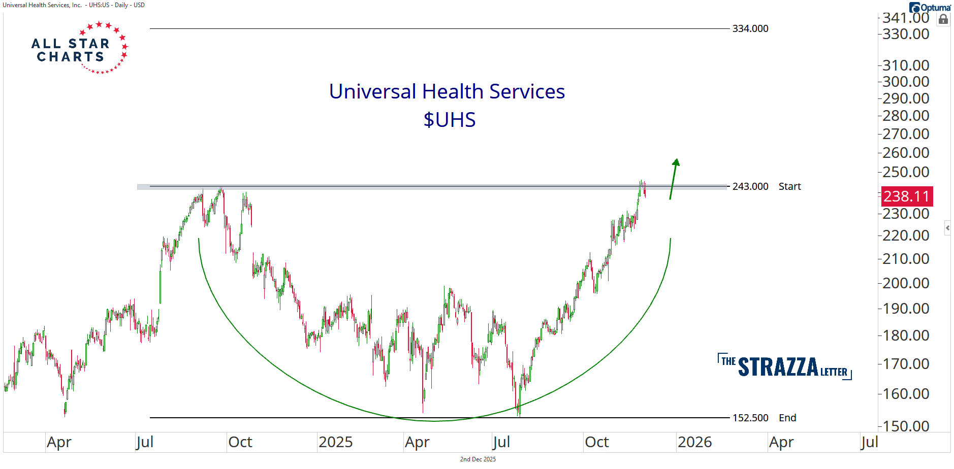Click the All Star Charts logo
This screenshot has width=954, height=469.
pyautogui.click(x=79, y=49)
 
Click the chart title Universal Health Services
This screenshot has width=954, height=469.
pyautogui.click(x=447, y=92)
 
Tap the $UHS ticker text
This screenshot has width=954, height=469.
pyautogui.click(x=450, y=120)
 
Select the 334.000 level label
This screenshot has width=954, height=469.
pyautogui.click(x=750, y=29)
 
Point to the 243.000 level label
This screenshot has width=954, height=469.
pyautogui.click(x=750, y=187)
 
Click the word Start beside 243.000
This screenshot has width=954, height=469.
pyautogui.click(x=789, y=187)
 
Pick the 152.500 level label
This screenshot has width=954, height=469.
pyautogui.click(x=750, y=418)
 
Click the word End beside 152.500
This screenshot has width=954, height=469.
pyautogui.click(x=787, y=418)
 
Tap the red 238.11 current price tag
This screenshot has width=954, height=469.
pyautogui.click(x=907, y=196)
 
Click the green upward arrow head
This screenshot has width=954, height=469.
pyautogui.click(x=676, y=163)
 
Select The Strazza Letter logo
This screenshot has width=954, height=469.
pyautogui.click(x=784, y=366)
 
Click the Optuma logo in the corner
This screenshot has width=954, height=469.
pyautogui.click(x=930, y=8)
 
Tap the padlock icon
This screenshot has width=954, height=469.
pyautogui.click(x=943, y=20)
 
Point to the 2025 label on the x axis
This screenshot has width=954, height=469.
pyautogui.click(x=335, y=442)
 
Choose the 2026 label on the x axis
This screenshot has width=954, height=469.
pyautogui.click(x=694, y=442)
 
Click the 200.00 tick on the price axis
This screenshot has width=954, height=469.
pyautogui.click(x=906, y=283)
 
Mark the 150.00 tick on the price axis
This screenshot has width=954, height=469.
pyautogui.click(x=906, y=426)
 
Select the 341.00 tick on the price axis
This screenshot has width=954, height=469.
pyautogui.click(x=906, y=18)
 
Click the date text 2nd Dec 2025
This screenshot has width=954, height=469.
pyautogui.click(x=478, y=459)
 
